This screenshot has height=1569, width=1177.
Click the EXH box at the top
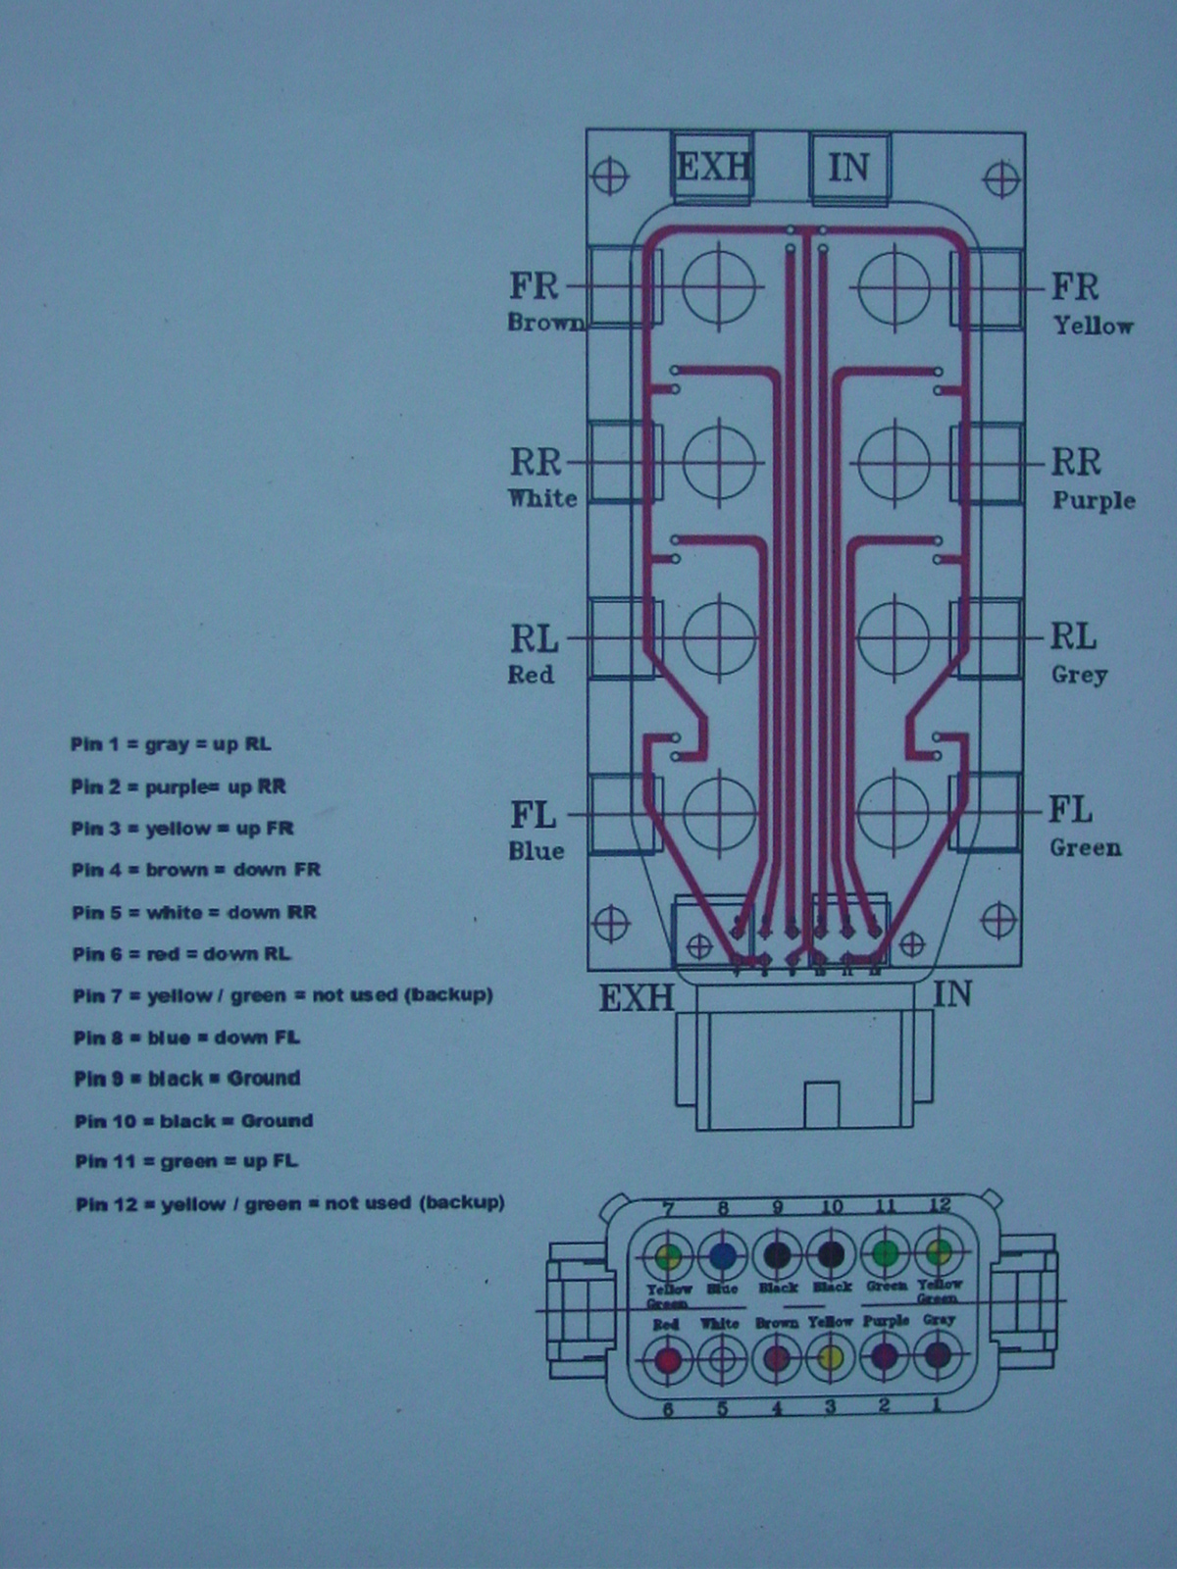[x=713, y=168]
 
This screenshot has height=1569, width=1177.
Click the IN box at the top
[x=849, y=168]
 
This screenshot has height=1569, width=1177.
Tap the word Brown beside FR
[x=545, y=323]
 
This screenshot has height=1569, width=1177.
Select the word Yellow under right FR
[x=1093, y=326]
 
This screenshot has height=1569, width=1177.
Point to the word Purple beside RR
[x=1094, y=500]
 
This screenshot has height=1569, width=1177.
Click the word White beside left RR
[x=542, y=498]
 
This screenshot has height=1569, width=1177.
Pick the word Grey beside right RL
[x=1079, y=675]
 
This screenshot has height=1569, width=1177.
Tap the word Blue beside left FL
[x=536, y=851]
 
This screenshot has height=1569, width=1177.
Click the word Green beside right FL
[x=1085, y=847]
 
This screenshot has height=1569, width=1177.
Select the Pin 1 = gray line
[x=171, y=744]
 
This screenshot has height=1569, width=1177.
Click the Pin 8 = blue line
[x=186, y=1038]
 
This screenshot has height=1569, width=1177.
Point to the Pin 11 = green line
[x=186, y=1162]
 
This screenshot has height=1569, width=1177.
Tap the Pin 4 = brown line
[x=196, y=870]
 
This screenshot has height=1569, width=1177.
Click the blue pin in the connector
[x=723, y=1255]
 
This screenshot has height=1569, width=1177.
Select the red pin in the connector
[x=668, y=1360]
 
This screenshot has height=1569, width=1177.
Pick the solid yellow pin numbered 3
[x=831, y=1358]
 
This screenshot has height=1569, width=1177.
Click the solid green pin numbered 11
[x=885, y=1253]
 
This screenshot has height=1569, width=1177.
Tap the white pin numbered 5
[x=722, y=1360]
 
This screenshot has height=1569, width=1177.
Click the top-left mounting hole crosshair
[x=610, y=177]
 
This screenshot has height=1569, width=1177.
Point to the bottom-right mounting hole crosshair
[x=998, y=921]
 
